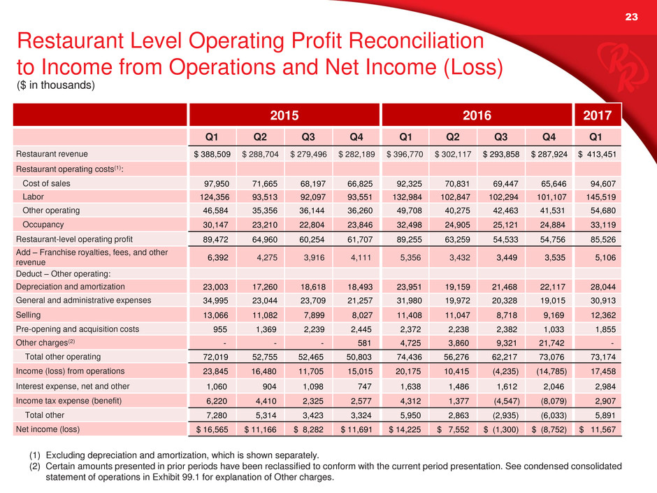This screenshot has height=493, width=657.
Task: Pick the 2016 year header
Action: tap(475, 114)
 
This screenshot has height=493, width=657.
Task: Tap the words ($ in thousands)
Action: tap(55, 85)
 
